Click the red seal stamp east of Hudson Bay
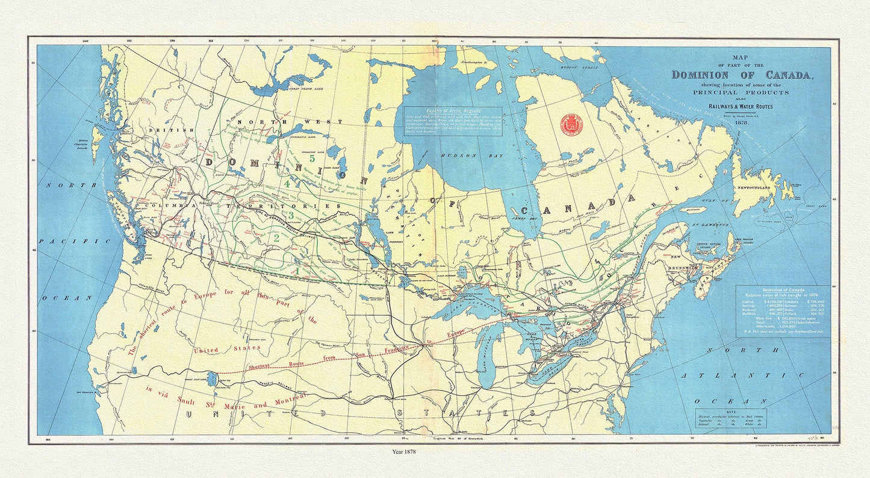pos(571,124)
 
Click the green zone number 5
pos(312,160)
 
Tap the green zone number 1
pos(296,271)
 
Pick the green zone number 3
pos(291,215)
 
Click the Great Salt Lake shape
pos(212,379)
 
